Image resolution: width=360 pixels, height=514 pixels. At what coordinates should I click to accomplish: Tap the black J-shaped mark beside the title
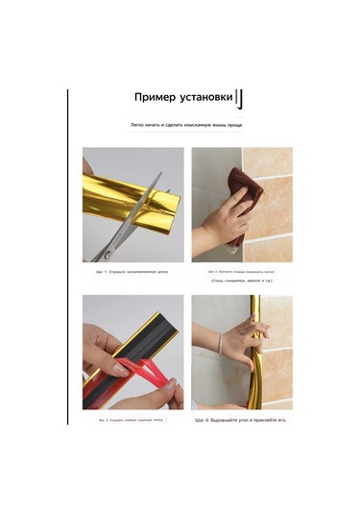pos(241,100)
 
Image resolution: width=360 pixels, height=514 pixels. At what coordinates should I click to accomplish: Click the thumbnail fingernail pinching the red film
pos(122,368)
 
